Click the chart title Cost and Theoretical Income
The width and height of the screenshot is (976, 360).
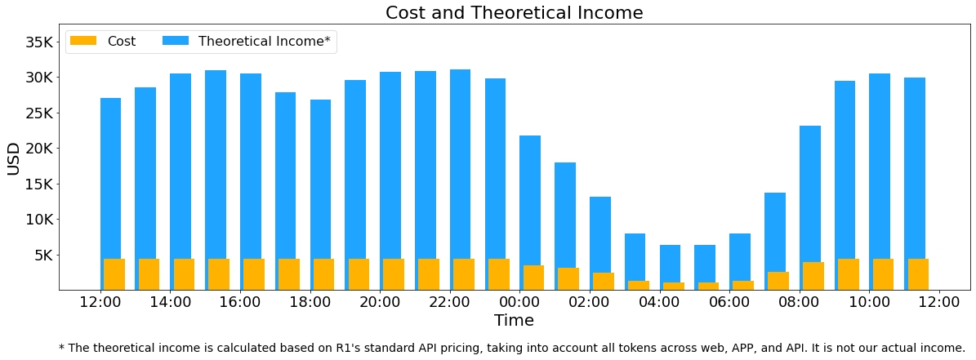click(x=514, y=13)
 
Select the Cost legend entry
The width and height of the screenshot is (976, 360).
click(x=102, y=42)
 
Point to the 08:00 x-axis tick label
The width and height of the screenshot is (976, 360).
click(x=799, y=302)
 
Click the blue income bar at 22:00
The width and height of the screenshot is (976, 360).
click(x=460, y=163)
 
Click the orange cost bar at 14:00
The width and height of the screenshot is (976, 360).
click(x=184, y=274)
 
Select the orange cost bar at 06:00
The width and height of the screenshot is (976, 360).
click(x=742, y=285)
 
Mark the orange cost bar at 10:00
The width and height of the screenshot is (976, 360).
click(x=883, y=274)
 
